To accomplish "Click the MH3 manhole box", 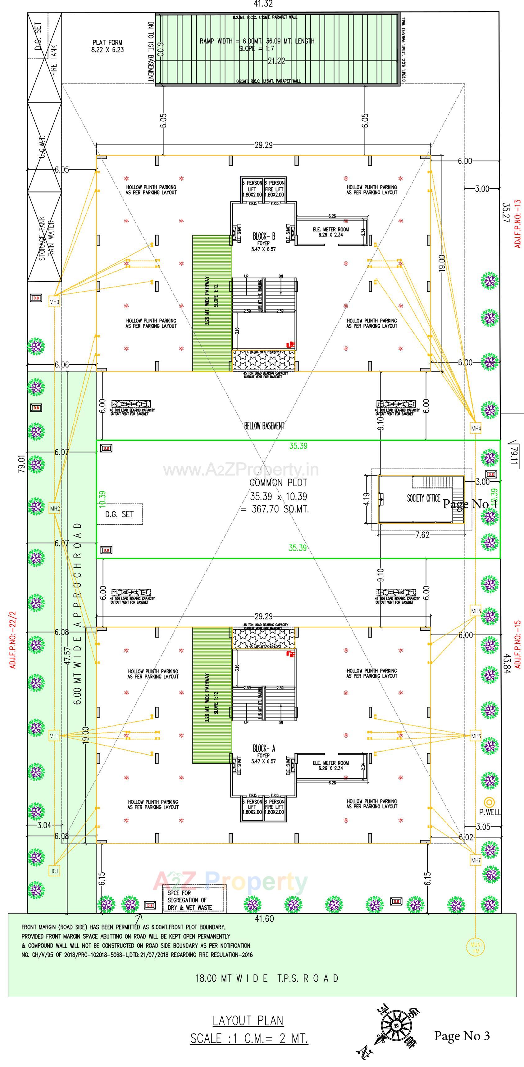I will pyautogui.click(x=54, y=302).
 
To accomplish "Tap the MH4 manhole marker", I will pyautogui.click(x=476, y=428).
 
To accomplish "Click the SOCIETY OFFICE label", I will pyautogui.click(x=423, y=498).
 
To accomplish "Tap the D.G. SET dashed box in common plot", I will pyautogui.click(x=120, y=514).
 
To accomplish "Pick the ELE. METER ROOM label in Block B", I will pyautogui.click(x=330, y=232).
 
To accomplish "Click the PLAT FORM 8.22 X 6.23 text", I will pyautogui.click(x=108, y=46).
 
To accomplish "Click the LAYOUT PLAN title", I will pyautogui.click(x=248, y=1020).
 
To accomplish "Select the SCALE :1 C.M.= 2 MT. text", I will pyautogui.click(x=249, y=1038).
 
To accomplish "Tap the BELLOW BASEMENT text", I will pyautogui.click(x=264, y=425).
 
